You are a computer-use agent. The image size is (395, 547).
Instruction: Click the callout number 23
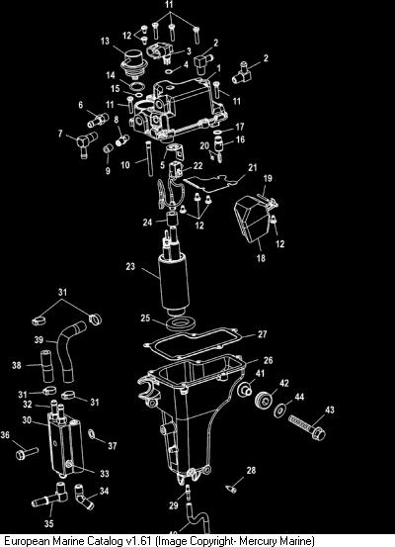click(x=130, y=266)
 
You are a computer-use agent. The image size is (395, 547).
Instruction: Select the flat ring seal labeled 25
click(x=179, y=323)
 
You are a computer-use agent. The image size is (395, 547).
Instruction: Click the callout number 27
click(x=263, y=334)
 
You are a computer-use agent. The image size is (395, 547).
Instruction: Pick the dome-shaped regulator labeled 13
click(x=132, y=62)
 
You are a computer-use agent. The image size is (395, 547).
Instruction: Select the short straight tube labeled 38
click(x=46, y=366)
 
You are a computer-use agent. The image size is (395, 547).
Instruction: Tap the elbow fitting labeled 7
click(x=85, y=142)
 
